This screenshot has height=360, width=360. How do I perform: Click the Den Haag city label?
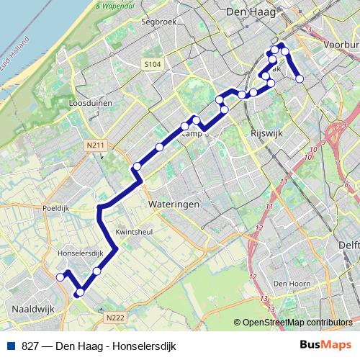click(247, 12)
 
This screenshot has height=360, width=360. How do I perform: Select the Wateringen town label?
click(173, 204)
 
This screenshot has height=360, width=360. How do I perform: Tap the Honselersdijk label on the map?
click(80, 253)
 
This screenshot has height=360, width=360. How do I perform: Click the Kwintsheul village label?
click(135, 233)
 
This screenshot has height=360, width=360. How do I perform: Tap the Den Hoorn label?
click(290, 283)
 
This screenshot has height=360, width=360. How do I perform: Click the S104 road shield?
click(152, 65)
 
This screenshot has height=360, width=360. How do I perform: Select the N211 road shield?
click(95, 146)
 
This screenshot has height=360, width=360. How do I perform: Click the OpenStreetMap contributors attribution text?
click(297, 323)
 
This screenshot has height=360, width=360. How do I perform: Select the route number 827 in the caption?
click(30, 346)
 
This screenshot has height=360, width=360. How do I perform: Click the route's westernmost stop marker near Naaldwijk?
click(60, 276)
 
